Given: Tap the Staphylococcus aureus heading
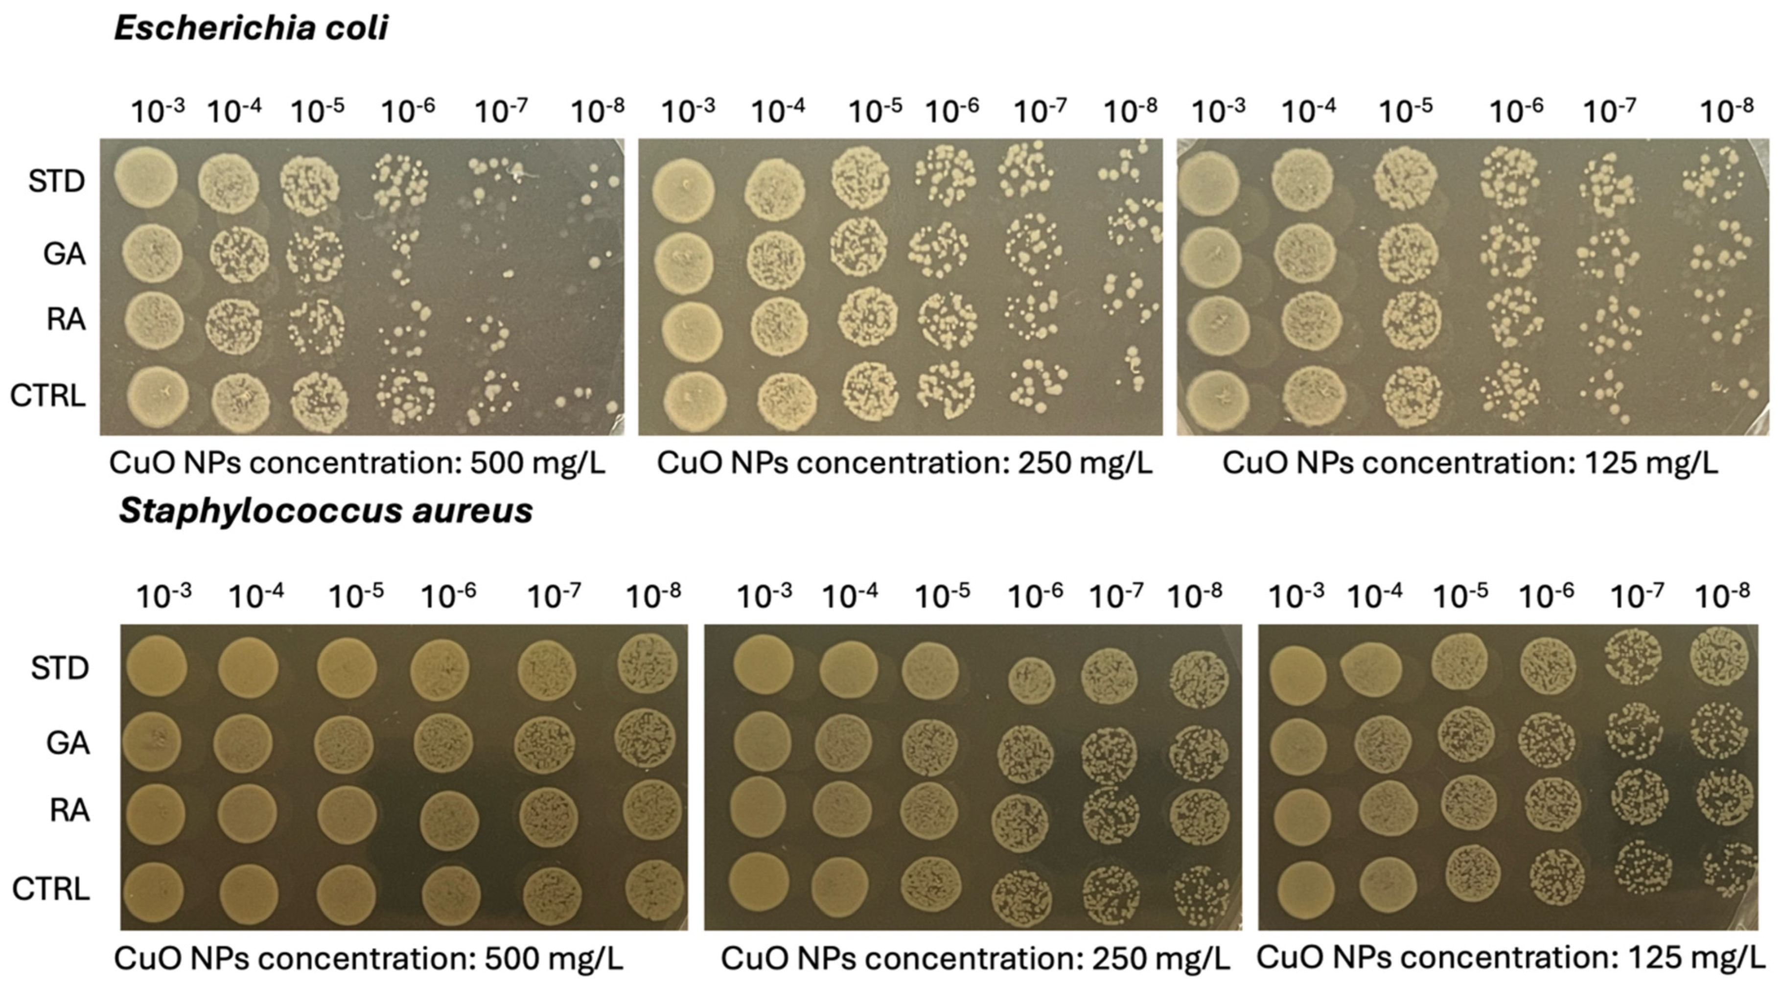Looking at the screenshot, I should pos(325,512).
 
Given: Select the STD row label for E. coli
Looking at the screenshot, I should pos(56,182).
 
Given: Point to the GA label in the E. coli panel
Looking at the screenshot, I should pos(65,254).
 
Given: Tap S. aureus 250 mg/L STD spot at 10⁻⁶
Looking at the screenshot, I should pos(1031,681).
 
